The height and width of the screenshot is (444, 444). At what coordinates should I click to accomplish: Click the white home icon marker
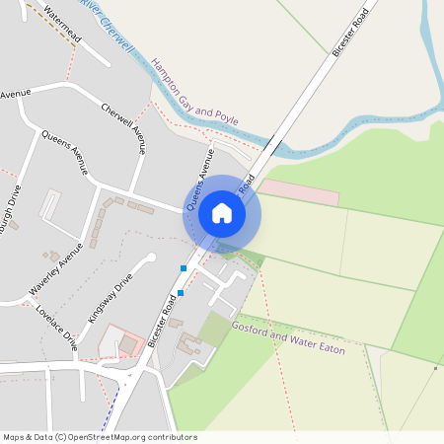pos(222,213)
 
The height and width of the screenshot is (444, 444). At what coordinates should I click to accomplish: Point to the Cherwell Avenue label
pos(124,129)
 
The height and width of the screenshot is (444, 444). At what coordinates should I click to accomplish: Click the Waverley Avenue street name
pos(55,273)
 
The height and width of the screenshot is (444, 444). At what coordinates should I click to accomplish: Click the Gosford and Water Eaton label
pos(288,336)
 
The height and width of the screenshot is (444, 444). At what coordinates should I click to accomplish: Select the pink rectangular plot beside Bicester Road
pos(299,191)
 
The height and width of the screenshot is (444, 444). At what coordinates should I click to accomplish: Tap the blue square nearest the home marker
pos(184,268)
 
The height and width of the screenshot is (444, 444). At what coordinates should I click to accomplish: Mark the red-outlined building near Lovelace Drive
pos(120,341)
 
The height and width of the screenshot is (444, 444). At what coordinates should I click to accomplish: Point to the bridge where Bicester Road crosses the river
pos(273,147)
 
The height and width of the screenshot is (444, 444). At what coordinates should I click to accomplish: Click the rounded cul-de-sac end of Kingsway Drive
pos(151,259)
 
